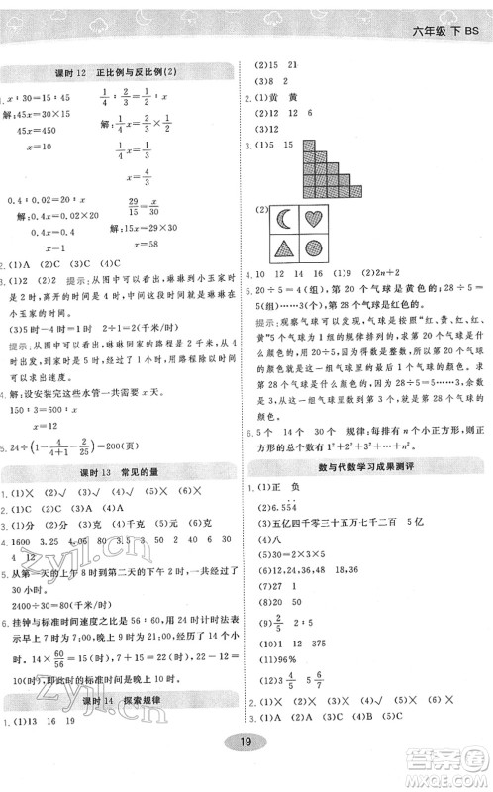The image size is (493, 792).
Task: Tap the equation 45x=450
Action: point(41,129)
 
